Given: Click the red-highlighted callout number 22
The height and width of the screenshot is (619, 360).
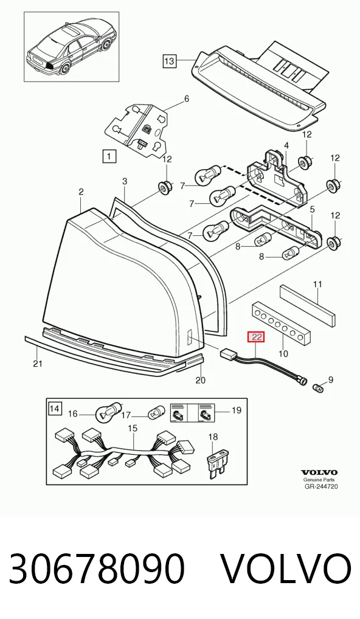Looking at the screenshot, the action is tap(256, 337).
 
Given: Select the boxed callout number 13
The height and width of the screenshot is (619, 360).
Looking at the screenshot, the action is tap(169, 61).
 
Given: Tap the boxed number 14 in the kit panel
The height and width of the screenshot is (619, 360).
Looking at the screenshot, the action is tap(55, 409).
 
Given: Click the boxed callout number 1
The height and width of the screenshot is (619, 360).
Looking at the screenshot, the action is tap(109, 156).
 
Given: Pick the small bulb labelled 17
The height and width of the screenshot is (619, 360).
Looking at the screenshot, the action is tap(154, 415).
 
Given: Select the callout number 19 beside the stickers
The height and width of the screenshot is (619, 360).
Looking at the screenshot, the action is tap(236, 410).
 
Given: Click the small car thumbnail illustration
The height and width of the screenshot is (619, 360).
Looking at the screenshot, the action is tap(71, 47).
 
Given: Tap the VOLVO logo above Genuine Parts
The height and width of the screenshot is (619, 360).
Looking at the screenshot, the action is tap(319, 472).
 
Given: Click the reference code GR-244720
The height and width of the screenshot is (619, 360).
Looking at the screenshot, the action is tap(321, 486).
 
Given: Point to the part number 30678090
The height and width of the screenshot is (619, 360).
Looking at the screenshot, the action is tap(97, 569).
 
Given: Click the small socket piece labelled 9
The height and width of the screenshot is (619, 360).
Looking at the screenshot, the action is tap(318, 387).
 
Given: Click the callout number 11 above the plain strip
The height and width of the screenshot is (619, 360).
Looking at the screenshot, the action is tap(317, 284).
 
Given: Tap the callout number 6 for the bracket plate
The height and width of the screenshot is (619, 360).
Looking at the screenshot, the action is tap(186, 99).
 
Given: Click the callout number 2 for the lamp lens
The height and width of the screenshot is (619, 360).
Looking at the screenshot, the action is tap(81, 192).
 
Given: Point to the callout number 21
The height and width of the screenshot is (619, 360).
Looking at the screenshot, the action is tap(37, 363).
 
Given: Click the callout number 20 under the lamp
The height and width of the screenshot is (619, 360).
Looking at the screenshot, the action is tap(201, 380).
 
